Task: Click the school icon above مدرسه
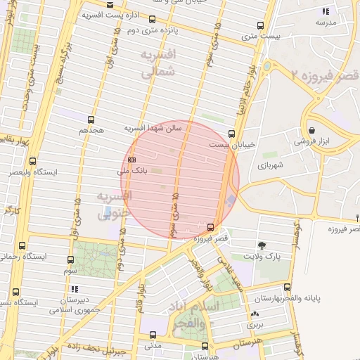point(324,11)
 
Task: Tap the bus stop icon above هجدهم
point(91,120)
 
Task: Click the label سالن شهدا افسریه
point(153,129)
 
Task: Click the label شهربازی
point(269,166)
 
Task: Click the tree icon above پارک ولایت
point(262,245)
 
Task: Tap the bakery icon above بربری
point(253,314)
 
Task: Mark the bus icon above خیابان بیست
point(232,133)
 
